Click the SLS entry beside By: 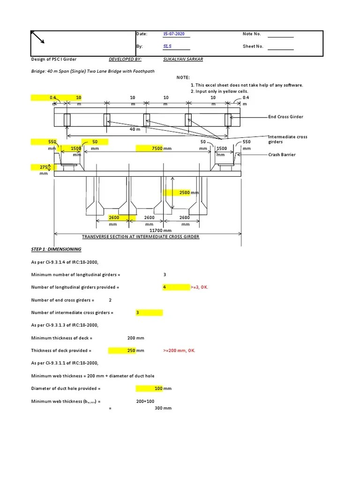click(x=167, y=46)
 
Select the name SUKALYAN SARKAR click(x=183, y=60)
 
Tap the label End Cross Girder click(x=285, y=117)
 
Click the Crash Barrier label click(x=282, y=154)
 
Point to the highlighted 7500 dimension click(x=157, y=149)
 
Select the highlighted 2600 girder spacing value click(x=114, y=217)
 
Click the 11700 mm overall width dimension click(x=160, y=231)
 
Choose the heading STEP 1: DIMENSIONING click(x=56, y=249)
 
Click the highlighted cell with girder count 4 click(x=165, y=287)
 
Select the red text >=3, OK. click(x=199, y=287)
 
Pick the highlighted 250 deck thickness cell click(x=132, y=350)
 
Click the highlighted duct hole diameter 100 click(x=159, y=388)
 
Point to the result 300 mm click(x=163, y=408)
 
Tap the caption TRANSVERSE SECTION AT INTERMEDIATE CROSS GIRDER click(x=141, y=237)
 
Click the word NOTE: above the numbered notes click(x=183, y=77)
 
